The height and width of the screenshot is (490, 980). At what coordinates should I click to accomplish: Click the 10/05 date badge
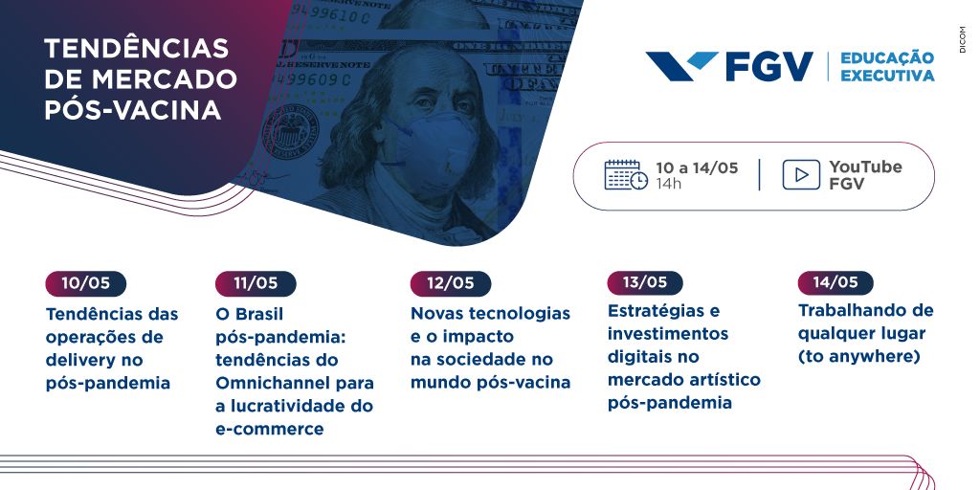[85, 283]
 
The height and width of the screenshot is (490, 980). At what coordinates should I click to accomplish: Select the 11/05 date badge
[256, 283]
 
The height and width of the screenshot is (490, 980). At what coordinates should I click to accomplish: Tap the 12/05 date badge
[451, 283]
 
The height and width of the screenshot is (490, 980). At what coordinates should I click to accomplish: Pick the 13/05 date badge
[645, 282]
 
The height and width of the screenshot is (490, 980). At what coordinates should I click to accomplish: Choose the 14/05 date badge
[835, 282]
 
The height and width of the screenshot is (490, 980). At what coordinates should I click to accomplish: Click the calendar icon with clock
[626, 175]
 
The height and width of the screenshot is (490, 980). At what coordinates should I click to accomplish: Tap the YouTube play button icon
[801, 175]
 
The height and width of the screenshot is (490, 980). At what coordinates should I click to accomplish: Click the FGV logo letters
[769, 67]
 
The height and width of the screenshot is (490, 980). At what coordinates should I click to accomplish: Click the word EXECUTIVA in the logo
[887, 76]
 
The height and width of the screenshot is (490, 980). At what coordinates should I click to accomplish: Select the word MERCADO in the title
[165, 79]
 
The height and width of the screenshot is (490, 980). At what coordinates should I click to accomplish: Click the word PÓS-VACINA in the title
[132, 110]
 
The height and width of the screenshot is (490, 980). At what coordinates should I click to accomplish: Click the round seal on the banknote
[289, 131]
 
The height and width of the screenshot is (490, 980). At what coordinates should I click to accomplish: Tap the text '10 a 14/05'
[697, 167]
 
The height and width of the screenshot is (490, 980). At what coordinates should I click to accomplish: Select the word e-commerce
[270, 430]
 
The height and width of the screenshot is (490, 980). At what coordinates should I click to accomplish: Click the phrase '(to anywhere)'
[859, 357]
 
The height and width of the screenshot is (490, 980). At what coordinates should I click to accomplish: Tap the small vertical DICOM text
[963, 39]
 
